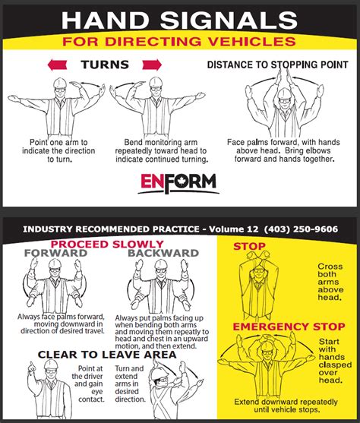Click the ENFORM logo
[x=179, y=182]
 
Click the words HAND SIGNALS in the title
[x=179, y=21]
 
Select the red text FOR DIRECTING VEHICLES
[x=179, y=40]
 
